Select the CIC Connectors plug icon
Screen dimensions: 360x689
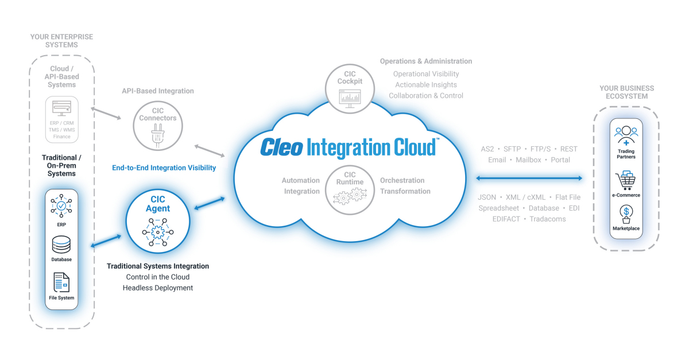coord(157,137)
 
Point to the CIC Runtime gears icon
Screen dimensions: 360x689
coord(350,196)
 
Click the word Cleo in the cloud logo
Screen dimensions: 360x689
coord(281,148)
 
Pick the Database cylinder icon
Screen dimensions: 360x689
coord(61,245)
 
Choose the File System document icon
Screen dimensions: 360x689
coord(61,282)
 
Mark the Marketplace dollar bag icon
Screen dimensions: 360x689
coord(626,214)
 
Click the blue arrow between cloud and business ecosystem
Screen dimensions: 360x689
coord(529,179)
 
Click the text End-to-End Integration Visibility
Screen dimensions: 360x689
coord(164,168)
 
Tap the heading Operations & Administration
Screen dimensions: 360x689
coord(426,61)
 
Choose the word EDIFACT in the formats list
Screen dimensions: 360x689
coord(505,219)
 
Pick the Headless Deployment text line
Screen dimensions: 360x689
coord(158,288)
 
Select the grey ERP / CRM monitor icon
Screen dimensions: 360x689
coord(61,107)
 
